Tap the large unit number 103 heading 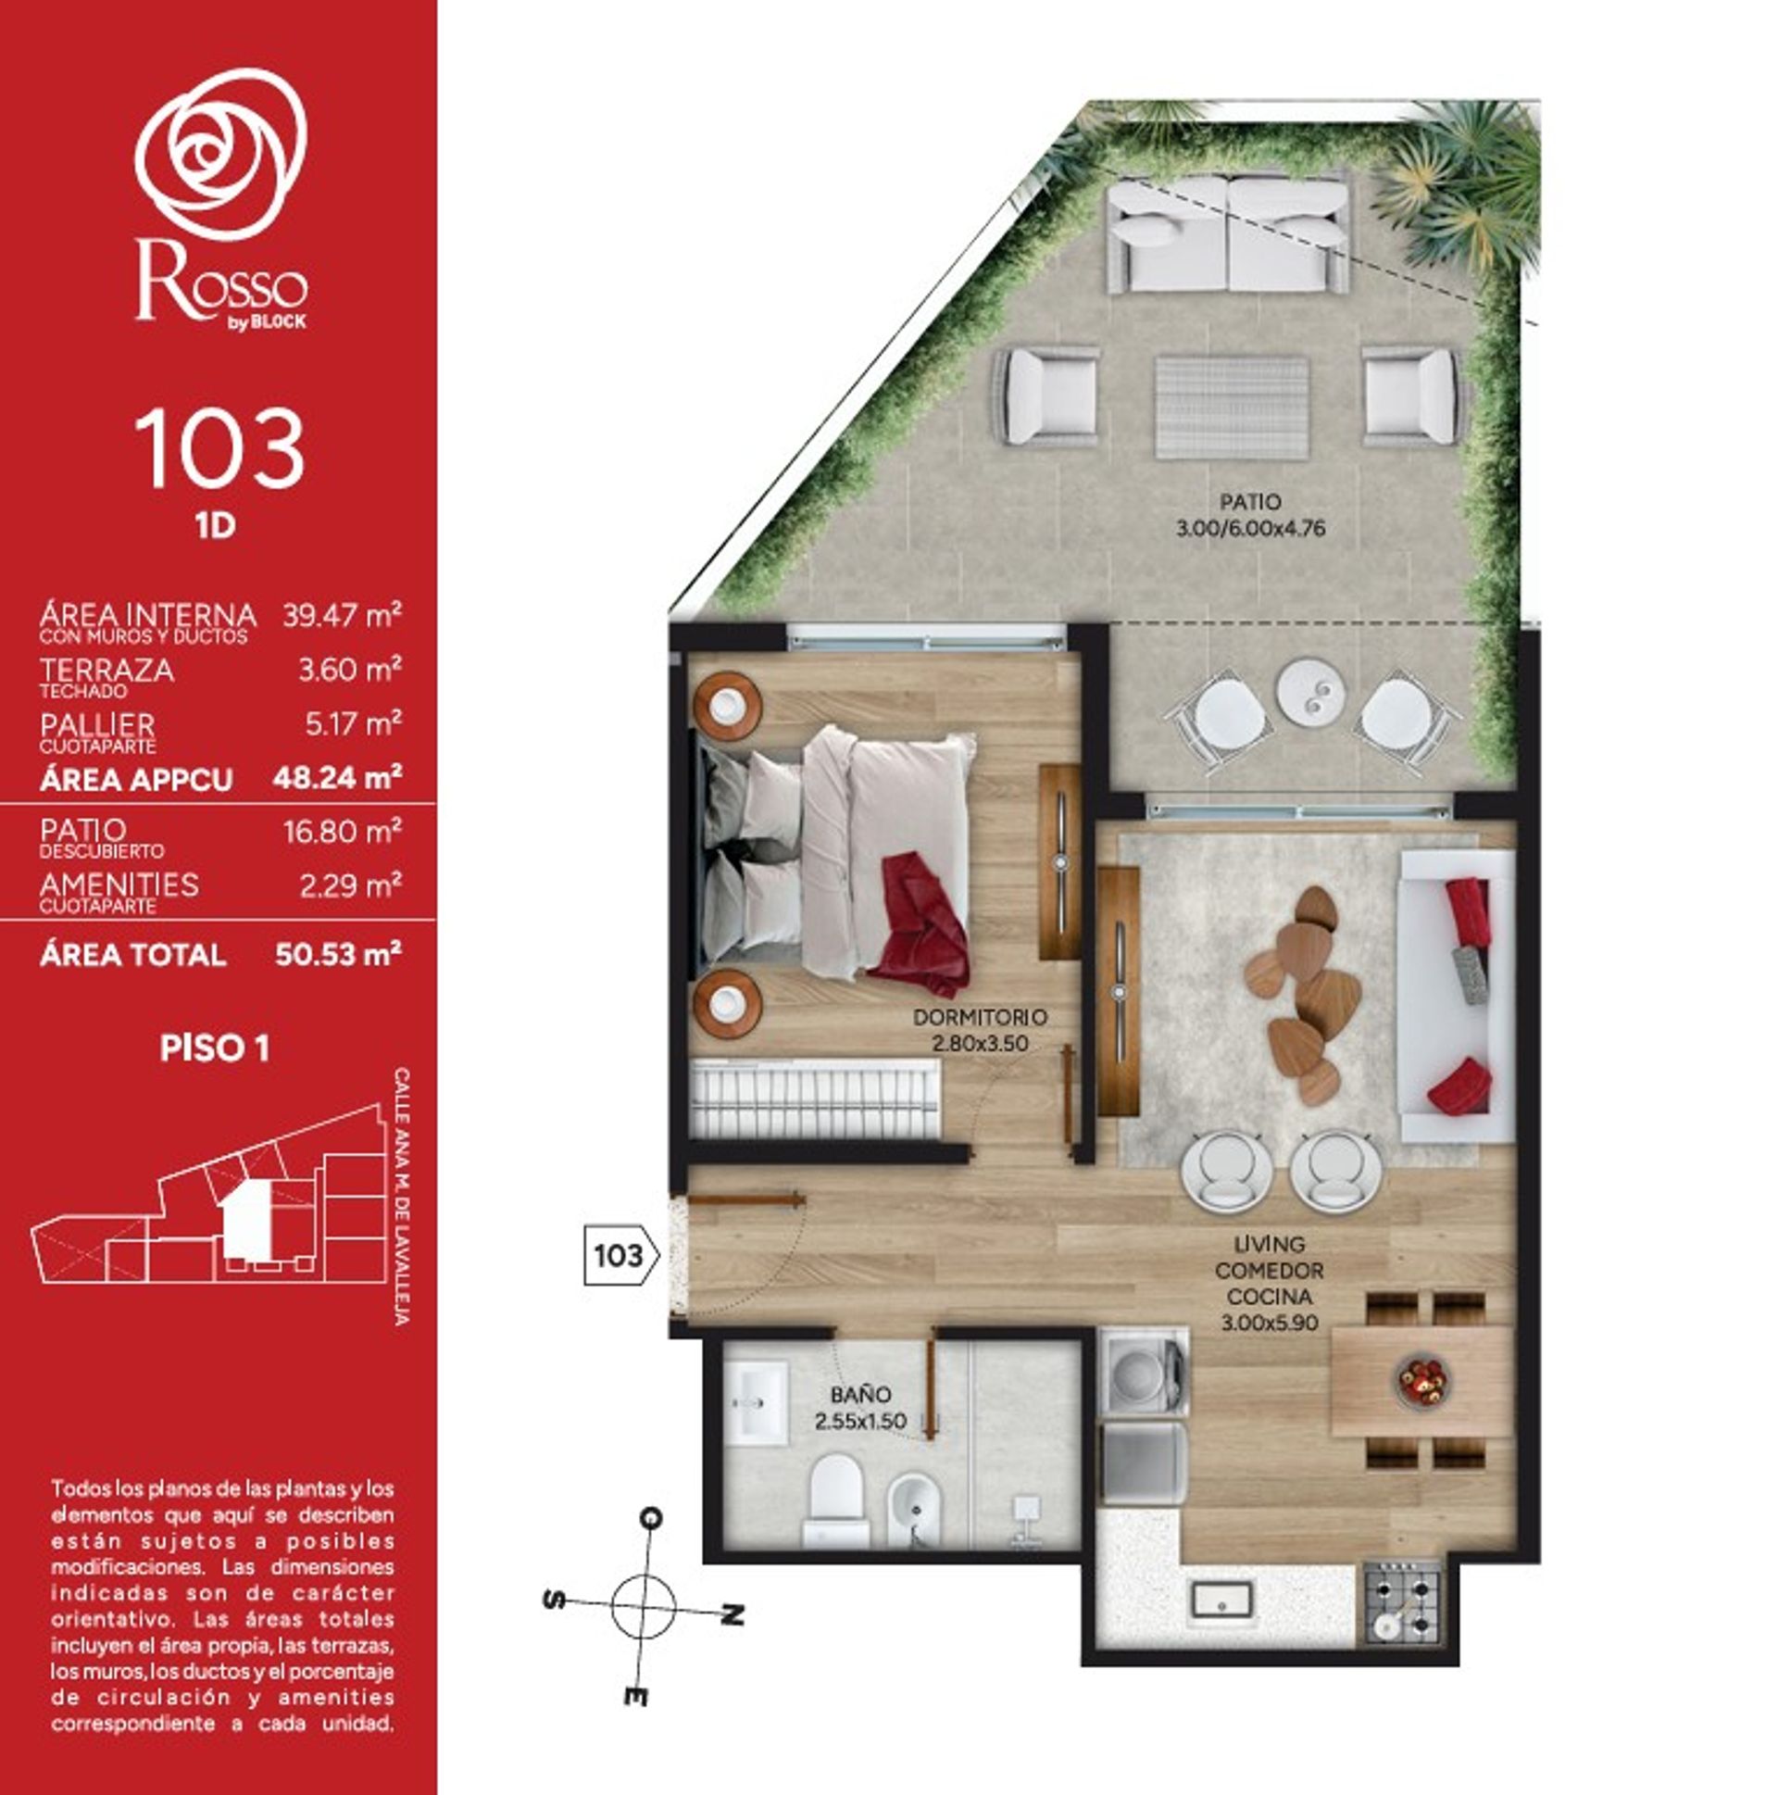219,450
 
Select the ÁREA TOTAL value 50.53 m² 338,954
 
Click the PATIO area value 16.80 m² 343,831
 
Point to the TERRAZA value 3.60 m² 350,669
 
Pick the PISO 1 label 215,1048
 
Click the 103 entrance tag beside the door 620,1256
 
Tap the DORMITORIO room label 980,1016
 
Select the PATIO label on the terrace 1249,502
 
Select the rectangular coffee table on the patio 1232,407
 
